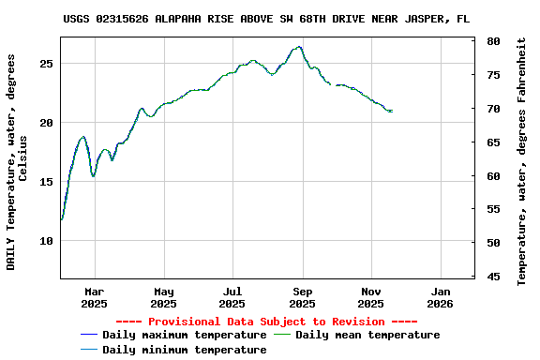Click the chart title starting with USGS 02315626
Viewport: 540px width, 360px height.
(x=266, y=19)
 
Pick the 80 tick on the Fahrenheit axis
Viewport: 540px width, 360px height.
(x=493, y=42)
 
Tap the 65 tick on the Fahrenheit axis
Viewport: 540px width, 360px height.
(x=493, y=142)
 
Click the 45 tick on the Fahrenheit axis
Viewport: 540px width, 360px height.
(x=493, y=277)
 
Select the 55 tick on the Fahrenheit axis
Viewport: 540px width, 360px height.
(x=493, y=210)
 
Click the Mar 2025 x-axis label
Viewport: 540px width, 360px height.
(x=94, y=297)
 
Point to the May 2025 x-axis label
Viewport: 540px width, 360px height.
(x=163, y=297)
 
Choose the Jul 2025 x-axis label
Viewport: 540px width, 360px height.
(x=232, y=297)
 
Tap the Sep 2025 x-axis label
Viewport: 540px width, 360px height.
(x=302, y=297)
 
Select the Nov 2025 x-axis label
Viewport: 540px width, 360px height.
(x=371, y=297)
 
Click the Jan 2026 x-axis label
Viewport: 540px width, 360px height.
(x=441, y=297)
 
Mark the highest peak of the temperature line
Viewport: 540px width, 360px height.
(x=299, y=47)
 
